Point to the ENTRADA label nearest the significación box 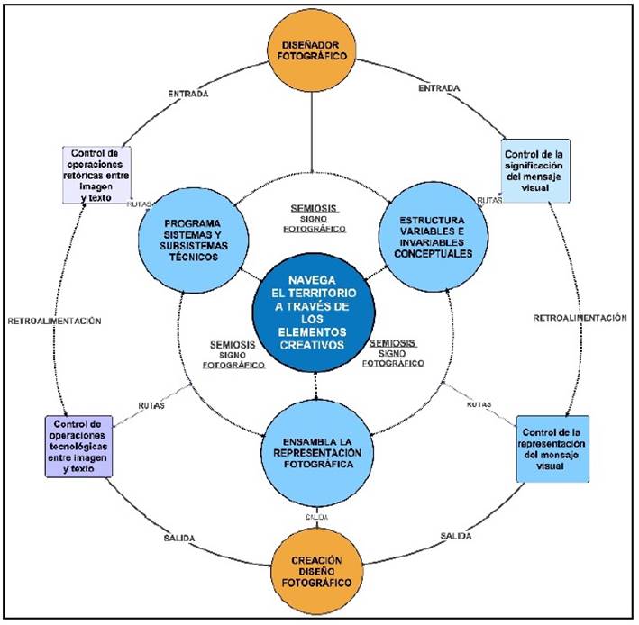(x=441, y=88)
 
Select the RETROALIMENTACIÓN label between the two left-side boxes (x=55, y=321)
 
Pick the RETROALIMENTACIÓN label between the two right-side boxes (x=580, y=318)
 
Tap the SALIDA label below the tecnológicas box (x=179, y=539)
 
